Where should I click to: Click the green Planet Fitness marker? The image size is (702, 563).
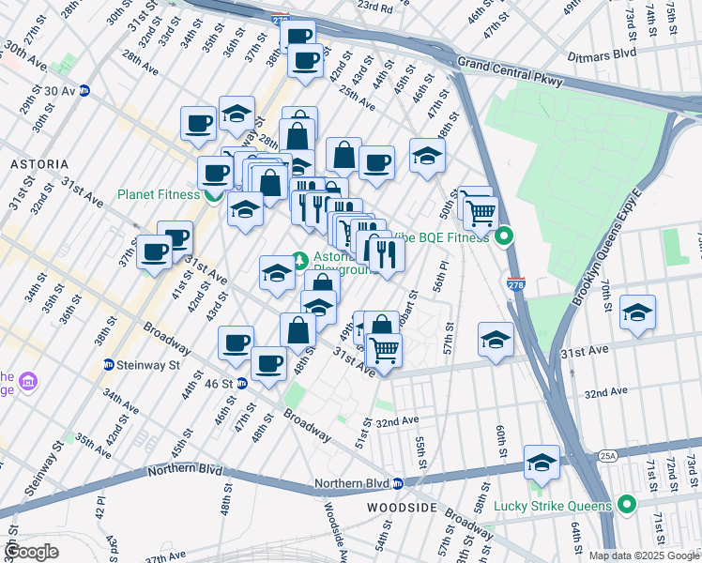point(213,195)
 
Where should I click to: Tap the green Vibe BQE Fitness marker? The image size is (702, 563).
point(504,236)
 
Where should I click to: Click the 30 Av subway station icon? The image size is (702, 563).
point(84,91)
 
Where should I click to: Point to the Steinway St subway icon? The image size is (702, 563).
point(110,364)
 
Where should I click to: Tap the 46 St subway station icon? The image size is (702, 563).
point(241,383)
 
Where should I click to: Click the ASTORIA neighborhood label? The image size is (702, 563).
point(38,163)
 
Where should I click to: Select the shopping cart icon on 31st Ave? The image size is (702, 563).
point(384,350)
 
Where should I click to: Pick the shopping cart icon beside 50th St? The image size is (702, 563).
point(481,213)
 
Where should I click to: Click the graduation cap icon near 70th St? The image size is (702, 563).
point(637,313)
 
